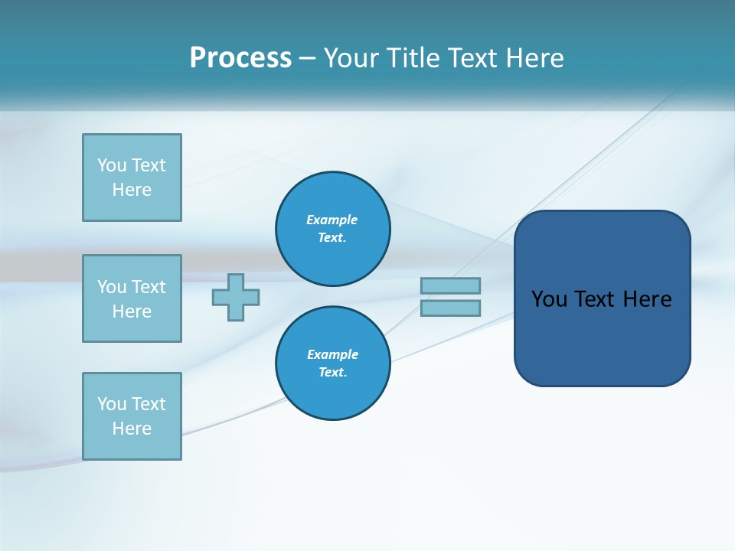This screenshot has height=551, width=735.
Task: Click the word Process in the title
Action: (240, 58)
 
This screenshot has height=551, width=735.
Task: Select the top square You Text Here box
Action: (132, 178)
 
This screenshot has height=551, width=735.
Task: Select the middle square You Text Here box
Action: (132, 298)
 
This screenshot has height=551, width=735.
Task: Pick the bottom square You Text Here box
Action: (132, 416)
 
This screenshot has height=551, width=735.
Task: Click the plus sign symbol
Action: (236, 297)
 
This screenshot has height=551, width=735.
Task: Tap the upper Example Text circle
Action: (333, 229)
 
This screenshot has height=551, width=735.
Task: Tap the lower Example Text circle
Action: (333, 364)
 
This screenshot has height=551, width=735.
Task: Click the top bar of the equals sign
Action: (450, 285)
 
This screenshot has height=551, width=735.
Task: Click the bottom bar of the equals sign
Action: (450, 308)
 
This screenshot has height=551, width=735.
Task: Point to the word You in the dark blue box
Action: (548, 299)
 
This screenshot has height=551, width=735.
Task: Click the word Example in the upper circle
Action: (332, 220)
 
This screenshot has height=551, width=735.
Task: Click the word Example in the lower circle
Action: (332, 354)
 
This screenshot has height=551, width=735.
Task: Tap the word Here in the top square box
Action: (132, 190)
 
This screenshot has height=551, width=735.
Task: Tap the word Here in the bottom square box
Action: (132, 429)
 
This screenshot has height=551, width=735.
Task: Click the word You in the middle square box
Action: (111, 287)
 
